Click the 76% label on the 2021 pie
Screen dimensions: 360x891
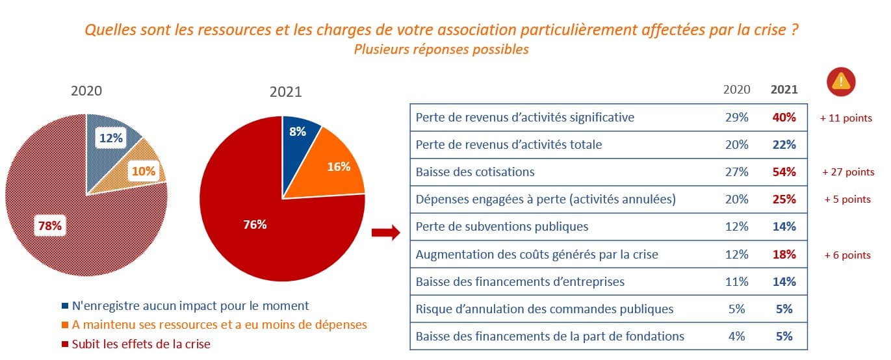click(x=255, y=225)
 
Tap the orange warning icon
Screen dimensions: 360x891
click(x=841, y=81)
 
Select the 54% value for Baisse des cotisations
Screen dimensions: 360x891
click(x=784, y=172)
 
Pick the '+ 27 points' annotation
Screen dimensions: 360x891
click(x=847, y=172)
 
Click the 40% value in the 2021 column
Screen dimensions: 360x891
click(x=784, y=118)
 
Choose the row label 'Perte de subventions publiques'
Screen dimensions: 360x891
click(x=502, y=227)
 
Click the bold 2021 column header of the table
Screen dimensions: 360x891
click(x=784, y=90)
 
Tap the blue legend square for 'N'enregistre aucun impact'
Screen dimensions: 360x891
click(x=64, y=305)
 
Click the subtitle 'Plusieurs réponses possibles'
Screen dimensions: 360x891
click(x=441, y=50)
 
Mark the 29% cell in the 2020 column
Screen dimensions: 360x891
click(x=736, y=118)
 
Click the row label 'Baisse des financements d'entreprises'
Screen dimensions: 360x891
click(x=520, y=281)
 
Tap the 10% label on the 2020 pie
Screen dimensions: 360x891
click(x=144, y=172)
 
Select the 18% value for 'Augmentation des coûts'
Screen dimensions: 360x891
click(x=784, y=254)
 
